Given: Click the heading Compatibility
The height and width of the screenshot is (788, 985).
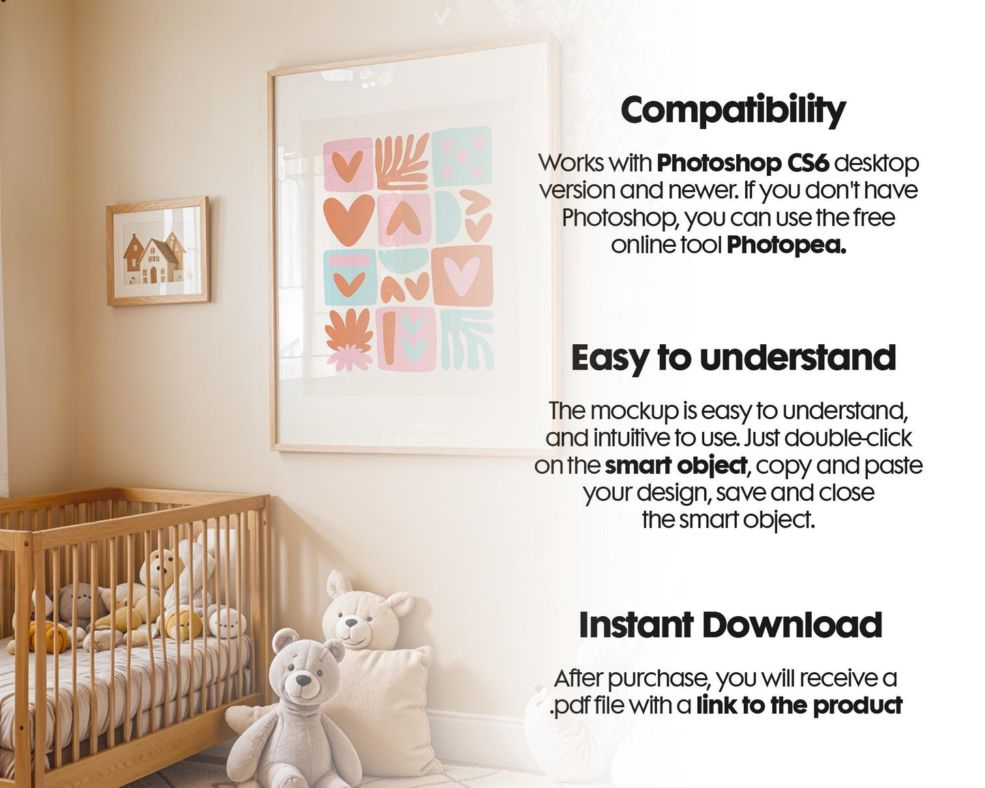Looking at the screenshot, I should [x=733, y=110].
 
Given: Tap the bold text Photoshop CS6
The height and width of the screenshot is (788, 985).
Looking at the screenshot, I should [x=743, y=164].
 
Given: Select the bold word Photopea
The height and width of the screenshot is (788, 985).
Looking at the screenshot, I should [x=786, y=245].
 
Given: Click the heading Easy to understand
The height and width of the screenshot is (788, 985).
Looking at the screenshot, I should [x=733, y=358].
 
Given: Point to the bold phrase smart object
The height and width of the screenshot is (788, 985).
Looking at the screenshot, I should [x=676, y=466].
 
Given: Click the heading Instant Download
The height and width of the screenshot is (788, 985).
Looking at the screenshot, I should [x=730, y=625].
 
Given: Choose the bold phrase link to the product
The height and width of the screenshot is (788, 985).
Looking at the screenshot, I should [x=799, y=706].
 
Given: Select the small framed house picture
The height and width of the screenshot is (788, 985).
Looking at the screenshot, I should [x=157, y=252].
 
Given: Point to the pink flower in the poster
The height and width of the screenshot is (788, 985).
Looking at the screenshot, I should [x=350, y=357].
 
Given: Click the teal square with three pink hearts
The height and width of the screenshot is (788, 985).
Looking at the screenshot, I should [x=461, y=155].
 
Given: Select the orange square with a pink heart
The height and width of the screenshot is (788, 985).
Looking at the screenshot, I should [x=462, y=275].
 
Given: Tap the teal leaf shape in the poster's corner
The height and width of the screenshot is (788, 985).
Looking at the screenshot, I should [x=467, y=339].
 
